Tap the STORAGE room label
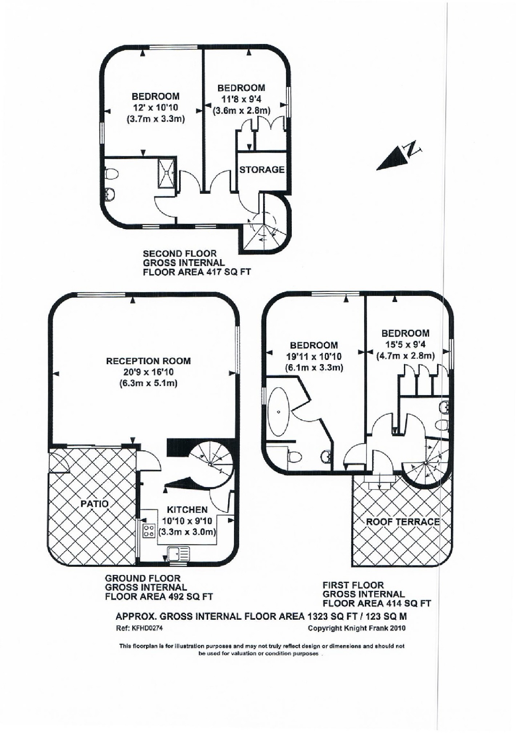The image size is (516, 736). [262, 169]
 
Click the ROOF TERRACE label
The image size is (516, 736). [403, 522]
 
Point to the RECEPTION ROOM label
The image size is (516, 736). [148, 361]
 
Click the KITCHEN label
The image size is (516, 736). [187, 510]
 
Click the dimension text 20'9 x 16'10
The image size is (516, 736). [148, 372]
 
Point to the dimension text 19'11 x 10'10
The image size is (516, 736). [314, 356]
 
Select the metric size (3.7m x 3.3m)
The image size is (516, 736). [156, 119]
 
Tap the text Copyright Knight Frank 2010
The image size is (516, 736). [356, 628]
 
